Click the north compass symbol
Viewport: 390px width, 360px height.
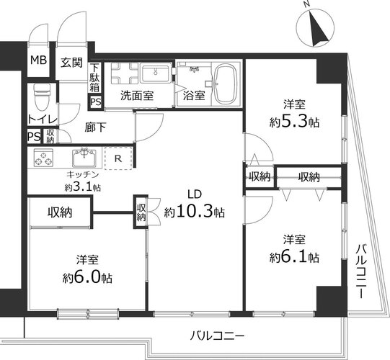point(315,28)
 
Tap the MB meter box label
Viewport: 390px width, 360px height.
point(38,60)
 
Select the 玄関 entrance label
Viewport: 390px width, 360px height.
point(71,63)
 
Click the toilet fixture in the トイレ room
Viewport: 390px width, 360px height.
point(43,96)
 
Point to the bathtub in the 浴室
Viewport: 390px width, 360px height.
point(226,84)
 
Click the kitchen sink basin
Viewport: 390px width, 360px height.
point(84,158)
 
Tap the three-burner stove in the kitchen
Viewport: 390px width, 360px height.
point(43,158)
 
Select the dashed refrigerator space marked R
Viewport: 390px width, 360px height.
point(118,158)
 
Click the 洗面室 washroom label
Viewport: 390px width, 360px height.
point(137,96)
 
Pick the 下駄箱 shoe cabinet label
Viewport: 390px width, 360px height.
point(94,78)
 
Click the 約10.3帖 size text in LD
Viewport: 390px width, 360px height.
point(194,212)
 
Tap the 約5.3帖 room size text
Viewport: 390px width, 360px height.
point(295,122)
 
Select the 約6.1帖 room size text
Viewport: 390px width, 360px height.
point(295,257)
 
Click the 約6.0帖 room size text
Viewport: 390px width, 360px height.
point(87,277)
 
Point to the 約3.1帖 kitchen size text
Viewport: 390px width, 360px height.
point(83,186)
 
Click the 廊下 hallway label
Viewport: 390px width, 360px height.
point(95,127)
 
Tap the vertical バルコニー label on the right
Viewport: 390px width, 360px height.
point(361,271)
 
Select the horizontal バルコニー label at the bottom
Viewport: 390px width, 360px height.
point(217,336)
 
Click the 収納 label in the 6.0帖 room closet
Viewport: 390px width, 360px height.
point(60,212)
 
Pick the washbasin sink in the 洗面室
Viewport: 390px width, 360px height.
point(156,73)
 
